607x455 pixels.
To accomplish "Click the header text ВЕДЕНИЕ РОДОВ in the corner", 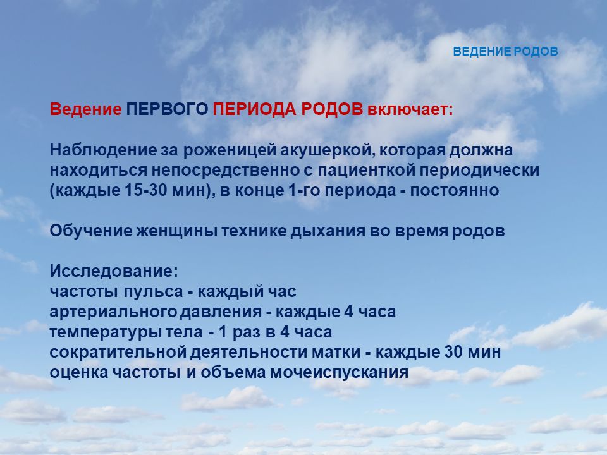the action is click(505, 51).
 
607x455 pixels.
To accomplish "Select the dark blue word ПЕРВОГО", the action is click(167, 109).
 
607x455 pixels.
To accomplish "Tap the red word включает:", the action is click(410, 109).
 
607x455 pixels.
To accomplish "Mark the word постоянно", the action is click(455, 190).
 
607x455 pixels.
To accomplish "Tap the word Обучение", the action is click(91, 231).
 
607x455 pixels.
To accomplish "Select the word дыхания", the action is click(328, 231).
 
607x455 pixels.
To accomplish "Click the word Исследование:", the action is click(114, 271).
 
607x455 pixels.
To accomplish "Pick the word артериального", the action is click(113, 312).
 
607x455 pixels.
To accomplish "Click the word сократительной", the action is click(118, 352).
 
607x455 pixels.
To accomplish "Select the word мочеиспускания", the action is click(339, 373).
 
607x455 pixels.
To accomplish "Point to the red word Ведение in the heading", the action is click(85, 109).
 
